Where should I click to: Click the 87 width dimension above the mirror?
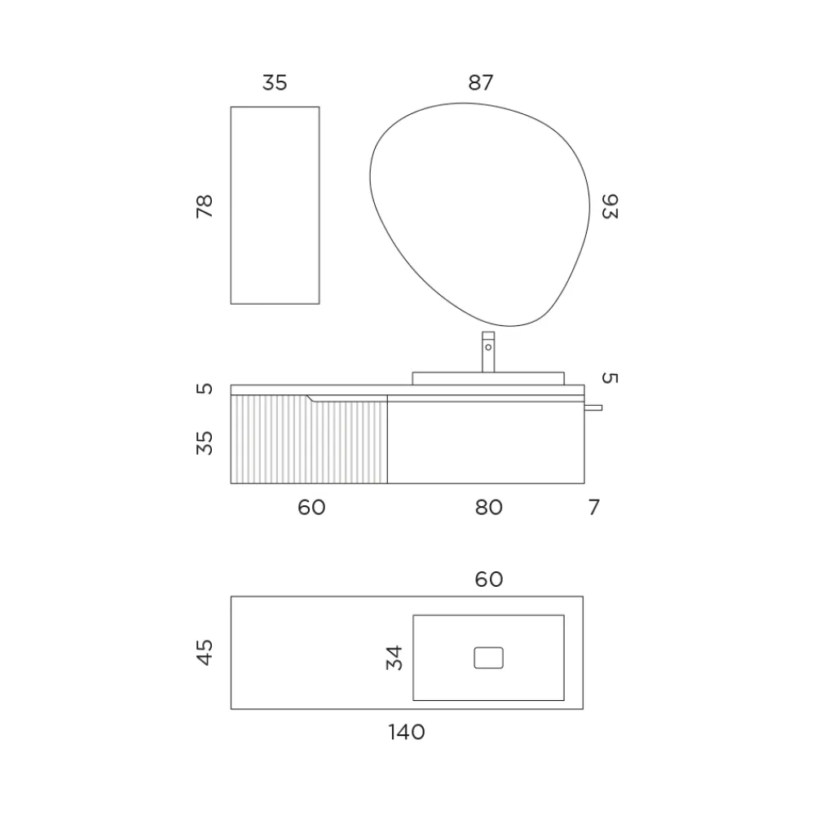click(481, 82)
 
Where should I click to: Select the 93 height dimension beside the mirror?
click(610, 206)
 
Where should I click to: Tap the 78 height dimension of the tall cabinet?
click(205, 206)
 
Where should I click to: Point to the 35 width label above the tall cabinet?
click(275, 82)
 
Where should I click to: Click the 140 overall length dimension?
click(407, 733)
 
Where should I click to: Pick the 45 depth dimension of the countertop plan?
click(205, 652)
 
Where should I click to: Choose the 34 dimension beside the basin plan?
click(394, 658)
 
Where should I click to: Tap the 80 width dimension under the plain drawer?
click(488, 507)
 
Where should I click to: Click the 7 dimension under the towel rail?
click(594, 507)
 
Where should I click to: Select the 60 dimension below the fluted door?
click(311, 507)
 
